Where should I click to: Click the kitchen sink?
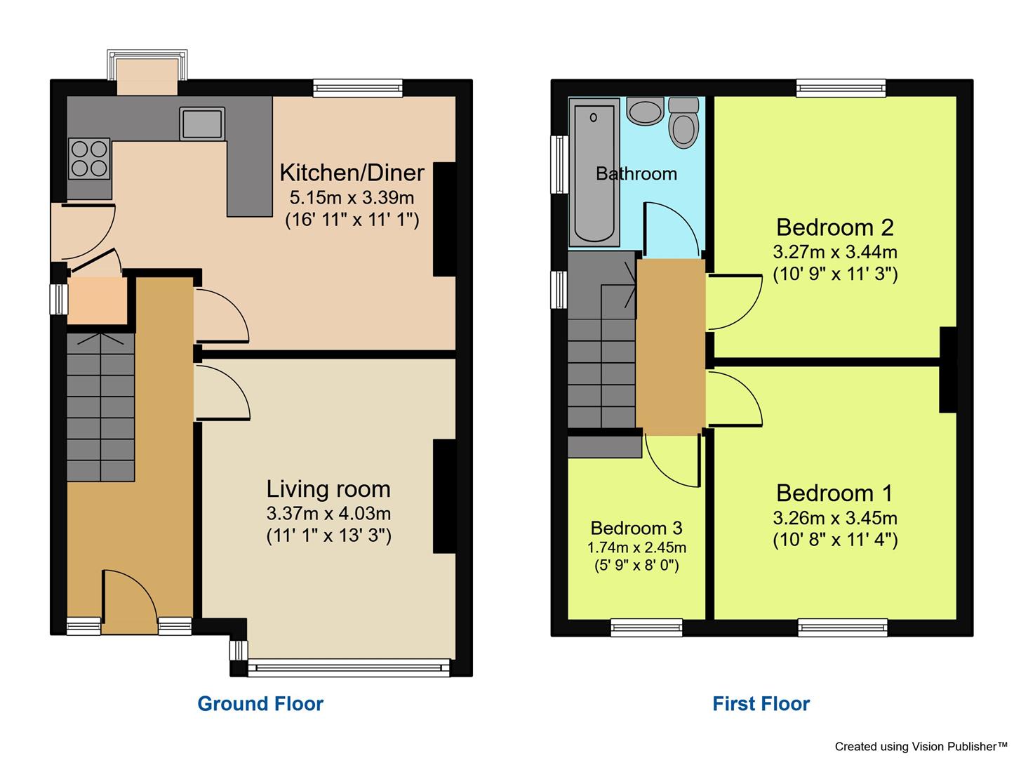[202, 124]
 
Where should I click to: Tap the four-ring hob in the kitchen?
[89, 159]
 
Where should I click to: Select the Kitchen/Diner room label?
[352, 173]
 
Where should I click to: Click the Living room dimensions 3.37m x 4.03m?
[328, 513]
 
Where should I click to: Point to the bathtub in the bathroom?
[594, 172]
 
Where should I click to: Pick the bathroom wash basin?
[645, 111]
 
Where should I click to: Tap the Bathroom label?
[636, 174]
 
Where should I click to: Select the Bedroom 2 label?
[834, 227]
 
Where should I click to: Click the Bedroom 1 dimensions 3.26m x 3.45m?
[834, 519]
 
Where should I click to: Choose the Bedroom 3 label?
[636, 528]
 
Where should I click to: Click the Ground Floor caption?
[260, 704]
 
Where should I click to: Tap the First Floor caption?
[761, 704]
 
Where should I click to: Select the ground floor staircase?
[101, 407]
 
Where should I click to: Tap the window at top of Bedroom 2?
[841, 88]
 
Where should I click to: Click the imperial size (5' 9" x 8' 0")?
[636, 566]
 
